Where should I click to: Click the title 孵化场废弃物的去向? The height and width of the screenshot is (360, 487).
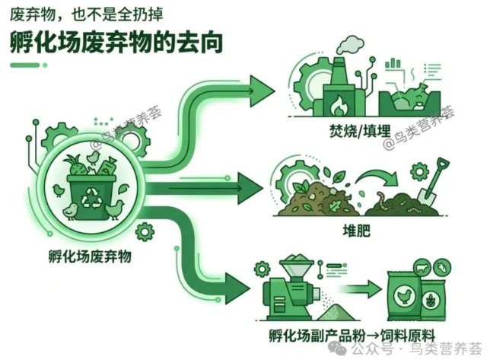click(116, 43)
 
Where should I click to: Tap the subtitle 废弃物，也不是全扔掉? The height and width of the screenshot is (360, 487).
click(86, 14)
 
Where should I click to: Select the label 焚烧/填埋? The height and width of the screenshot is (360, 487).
click(360, 130)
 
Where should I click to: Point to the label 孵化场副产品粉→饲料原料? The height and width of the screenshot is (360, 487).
click(352, 336)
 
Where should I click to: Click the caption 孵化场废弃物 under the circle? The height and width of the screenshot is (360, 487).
click(90, 256)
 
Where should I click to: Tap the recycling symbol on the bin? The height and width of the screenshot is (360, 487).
click(91, 198)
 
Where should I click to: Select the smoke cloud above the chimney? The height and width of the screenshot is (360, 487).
click(351, 46)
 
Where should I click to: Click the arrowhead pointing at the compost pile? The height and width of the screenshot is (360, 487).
click(250, 188)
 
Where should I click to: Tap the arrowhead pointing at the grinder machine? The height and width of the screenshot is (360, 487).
click(237, 288)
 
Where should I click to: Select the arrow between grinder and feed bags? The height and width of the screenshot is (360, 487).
click(359, 288)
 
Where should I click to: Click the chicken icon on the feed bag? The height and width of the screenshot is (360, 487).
click(404, 295)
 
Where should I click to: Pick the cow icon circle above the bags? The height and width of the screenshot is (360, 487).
click(423, 267)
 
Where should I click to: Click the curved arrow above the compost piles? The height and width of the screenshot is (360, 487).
click(378, 177)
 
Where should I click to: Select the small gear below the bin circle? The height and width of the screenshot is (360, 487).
click(145, 231)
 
